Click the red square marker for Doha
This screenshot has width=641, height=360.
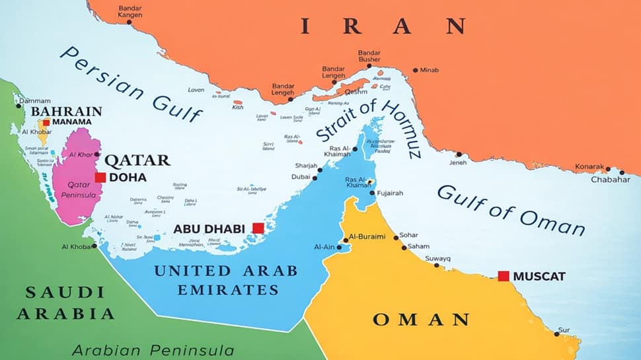(x=100, y=177)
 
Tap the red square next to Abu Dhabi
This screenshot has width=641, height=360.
(x=258, y=228)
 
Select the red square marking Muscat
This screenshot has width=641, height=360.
(x=504, y=276)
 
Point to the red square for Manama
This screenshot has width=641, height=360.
(x=46, y=122)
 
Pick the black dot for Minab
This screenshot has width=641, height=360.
(x=415, y=70)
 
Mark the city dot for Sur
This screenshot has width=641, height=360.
(x=556, y=334)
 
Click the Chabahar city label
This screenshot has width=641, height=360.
(x=610, y=180)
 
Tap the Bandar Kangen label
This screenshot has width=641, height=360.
(x=130, y=12)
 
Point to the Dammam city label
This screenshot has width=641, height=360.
(x=34, y=101)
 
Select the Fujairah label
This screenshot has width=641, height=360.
(x=390, y=194)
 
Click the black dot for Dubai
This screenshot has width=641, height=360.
(x=315, y=178)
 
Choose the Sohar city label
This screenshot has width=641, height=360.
(x=410, y=235)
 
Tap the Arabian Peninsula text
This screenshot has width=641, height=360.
(x=153, y=349)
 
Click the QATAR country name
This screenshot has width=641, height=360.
(x=137, y=160)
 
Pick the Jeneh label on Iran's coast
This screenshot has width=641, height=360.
(x=458, y=162)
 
